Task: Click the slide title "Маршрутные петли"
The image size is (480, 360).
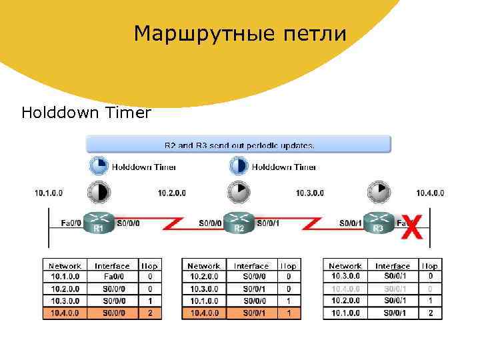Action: pos(240,33)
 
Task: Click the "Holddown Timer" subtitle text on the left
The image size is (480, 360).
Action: pos(86,113)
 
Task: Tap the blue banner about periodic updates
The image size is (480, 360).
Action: pos(239,144)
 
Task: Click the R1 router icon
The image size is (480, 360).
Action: pos(99,223)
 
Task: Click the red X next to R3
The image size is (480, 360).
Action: pos(413,227)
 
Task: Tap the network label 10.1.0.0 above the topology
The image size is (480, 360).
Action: pos(49,193)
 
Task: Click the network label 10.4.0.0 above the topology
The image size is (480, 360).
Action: pos(430,193)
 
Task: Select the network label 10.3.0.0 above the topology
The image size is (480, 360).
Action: pos(310,193)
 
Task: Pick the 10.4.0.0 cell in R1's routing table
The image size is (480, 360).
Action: pos(65,312)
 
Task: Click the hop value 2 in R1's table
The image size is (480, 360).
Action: pos(150,312)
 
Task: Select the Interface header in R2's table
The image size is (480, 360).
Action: pos(251,266)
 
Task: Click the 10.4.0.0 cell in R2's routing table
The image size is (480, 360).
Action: pos(204,312)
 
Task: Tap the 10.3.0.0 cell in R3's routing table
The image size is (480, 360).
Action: pos(345,276)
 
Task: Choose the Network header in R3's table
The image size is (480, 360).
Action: pos(345,266)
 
